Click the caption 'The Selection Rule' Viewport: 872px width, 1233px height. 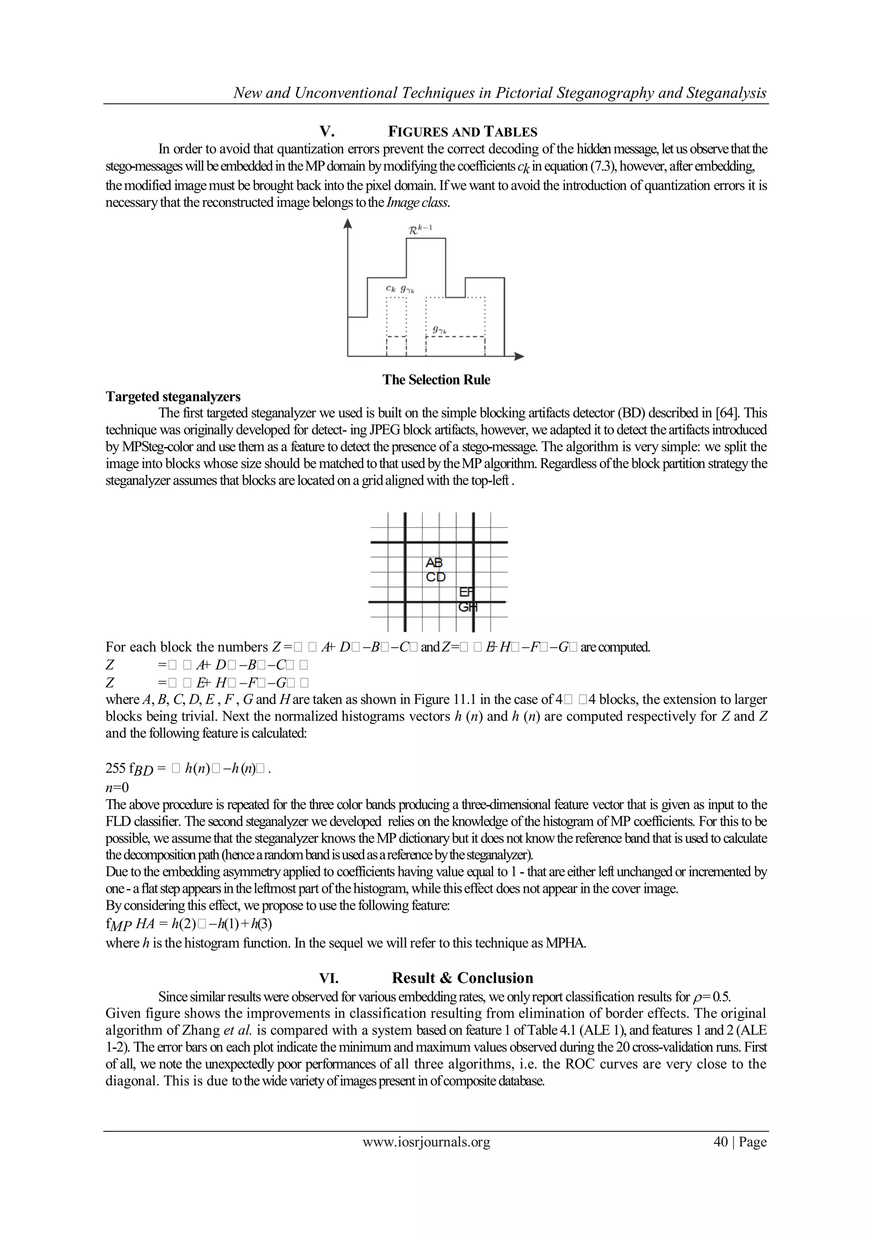[x=436, y=380]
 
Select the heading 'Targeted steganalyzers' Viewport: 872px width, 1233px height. [x=173, y=397]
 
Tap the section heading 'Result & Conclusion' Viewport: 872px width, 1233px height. [x=462, y=978]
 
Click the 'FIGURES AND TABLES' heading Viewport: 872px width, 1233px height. [x=462, y=132]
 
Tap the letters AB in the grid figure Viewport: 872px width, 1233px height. [x=434, y=563]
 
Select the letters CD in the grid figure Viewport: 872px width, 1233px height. [x=436, y=577]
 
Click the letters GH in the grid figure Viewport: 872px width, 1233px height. [x=467, y=608]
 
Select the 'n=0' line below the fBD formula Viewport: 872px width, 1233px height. [x=117, y=788]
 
